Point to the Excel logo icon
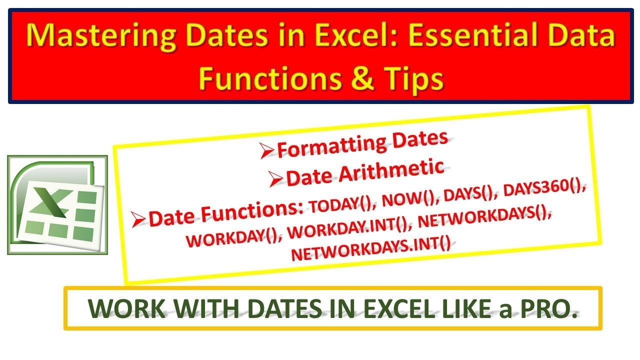point(57,204)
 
